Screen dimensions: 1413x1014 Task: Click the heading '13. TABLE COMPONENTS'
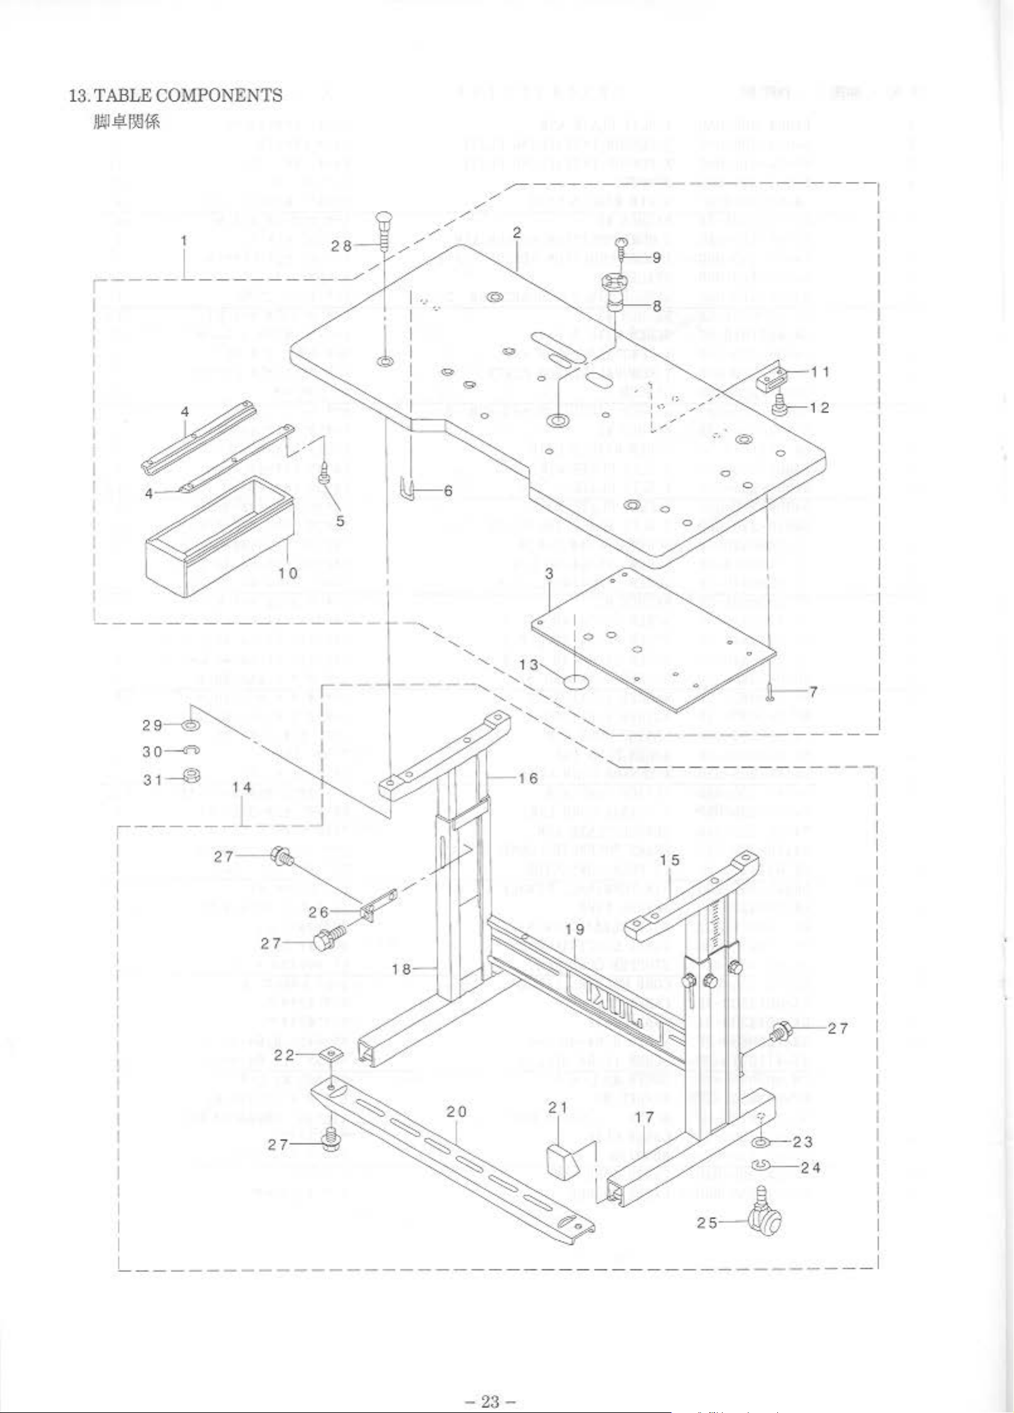(176, 96)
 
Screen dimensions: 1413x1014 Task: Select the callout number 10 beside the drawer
(288, 573)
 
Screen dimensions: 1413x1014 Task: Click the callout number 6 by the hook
(448, 491)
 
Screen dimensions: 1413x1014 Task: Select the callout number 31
(153, 780)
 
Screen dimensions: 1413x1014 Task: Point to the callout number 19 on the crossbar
(575, 929)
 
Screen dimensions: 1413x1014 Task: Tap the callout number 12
(820, 408)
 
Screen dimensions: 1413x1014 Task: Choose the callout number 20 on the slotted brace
(457, 1112)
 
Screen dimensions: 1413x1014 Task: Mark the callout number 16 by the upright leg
(528, 778)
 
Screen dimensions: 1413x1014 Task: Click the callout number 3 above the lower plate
(549, 573)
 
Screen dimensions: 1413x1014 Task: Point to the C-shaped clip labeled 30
(191, 750)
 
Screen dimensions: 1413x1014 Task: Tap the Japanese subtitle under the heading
(127, 121)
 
